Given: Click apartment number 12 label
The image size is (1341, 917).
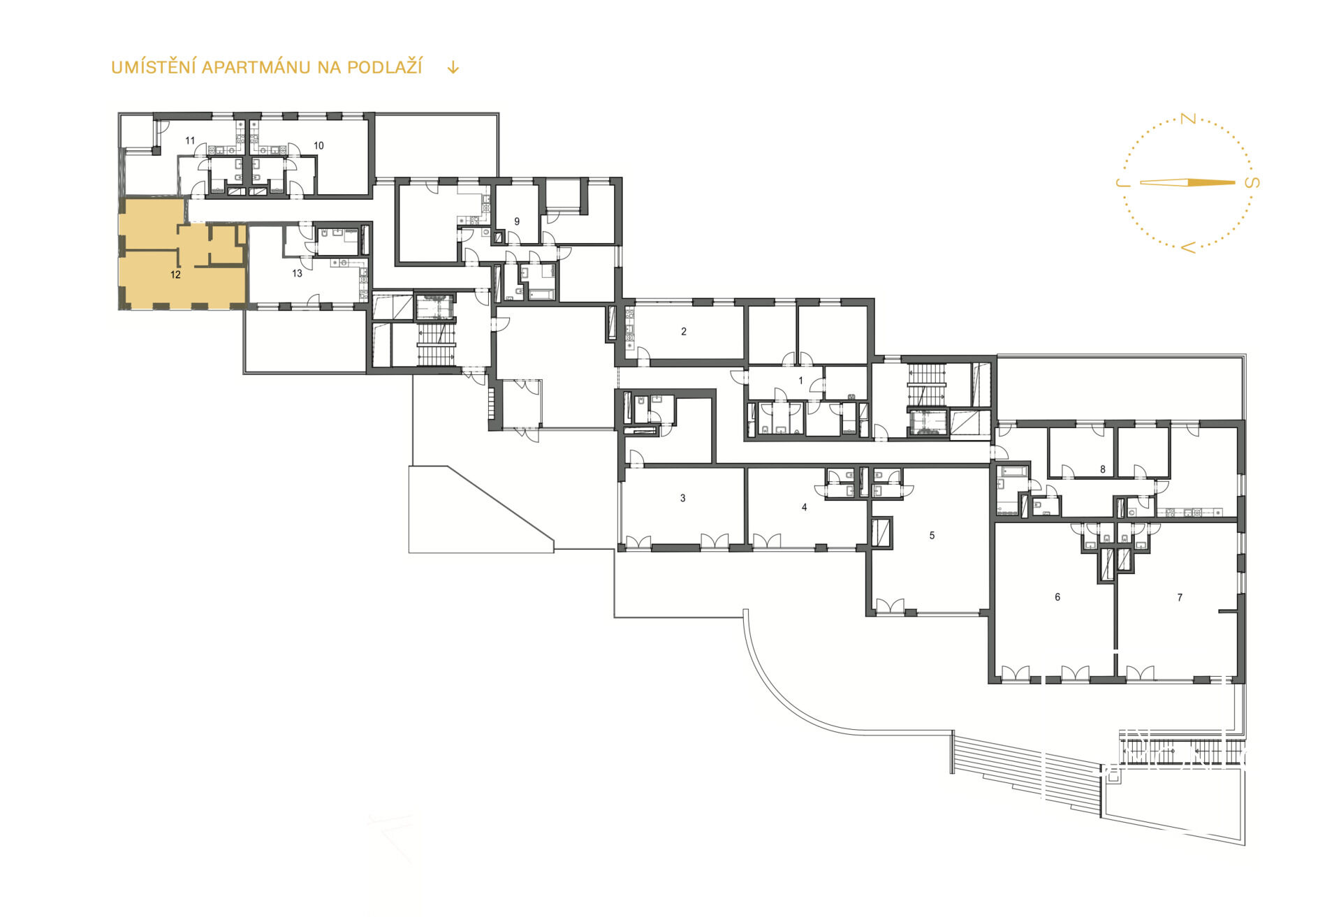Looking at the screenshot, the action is [x=175, y=275].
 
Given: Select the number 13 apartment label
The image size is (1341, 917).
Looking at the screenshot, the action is [x=297, y=273].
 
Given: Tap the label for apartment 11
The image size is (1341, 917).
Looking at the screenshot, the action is [x=190, y=141].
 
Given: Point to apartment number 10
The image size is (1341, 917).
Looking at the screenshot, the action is [x=318, y=146].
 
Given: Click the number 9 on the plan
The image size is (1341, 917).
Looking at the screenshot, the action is [x=517, y=221].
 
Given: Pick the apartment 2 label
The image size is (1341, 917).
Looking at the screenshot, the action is [x=684, y=332].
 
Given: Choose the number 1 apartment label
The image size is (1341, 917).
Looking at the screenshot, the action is [x=801, y=381].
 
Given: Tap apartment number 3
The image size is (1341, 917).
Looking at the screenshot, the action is [x=683, y=498].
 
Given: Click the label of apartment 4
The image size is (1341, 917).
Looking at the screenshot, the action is [x=805, y=508].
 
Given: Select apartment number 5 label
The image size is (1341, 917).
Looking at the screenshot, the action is [x=932, y=536].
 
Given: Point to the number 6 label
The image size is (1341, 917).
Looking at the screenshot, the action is [x=1057, y=597].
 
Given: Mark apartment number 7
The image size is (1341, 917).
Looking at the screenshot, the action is [x=1180, y=597].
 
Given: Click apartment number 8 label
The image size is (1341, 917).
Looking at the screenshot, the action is [x=1103, y=469].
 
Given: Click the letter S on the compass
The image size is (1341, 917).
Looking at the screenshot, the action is [x=1253, y=183].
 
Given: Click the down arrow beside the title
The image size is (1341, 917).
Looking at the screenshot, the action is [x=453, y=67].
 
